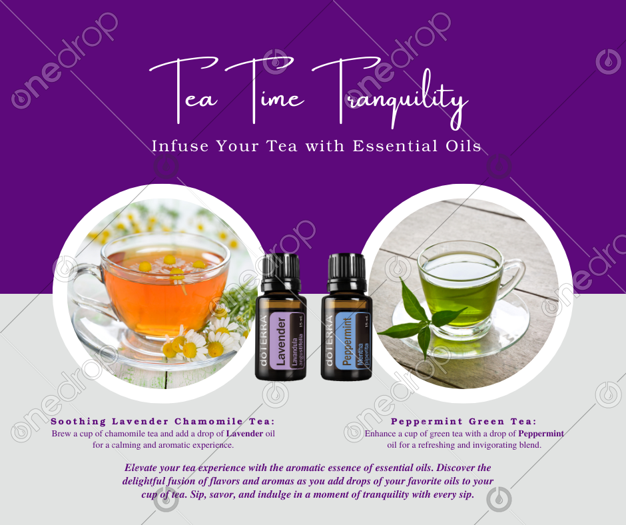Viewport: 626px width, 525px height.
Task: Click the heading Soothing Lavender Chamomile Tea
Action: point(163,421)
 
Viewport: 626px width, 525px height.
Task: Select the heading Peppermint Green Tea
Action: point(464,421)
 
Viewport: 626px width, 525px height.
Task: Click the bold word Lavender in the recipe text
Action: point(244,434)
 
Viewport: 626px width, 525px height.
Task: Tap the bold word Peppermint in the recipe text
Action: point(541,434)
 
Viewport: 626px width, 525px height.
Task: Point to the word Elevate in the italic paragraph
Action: point(140,468)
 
